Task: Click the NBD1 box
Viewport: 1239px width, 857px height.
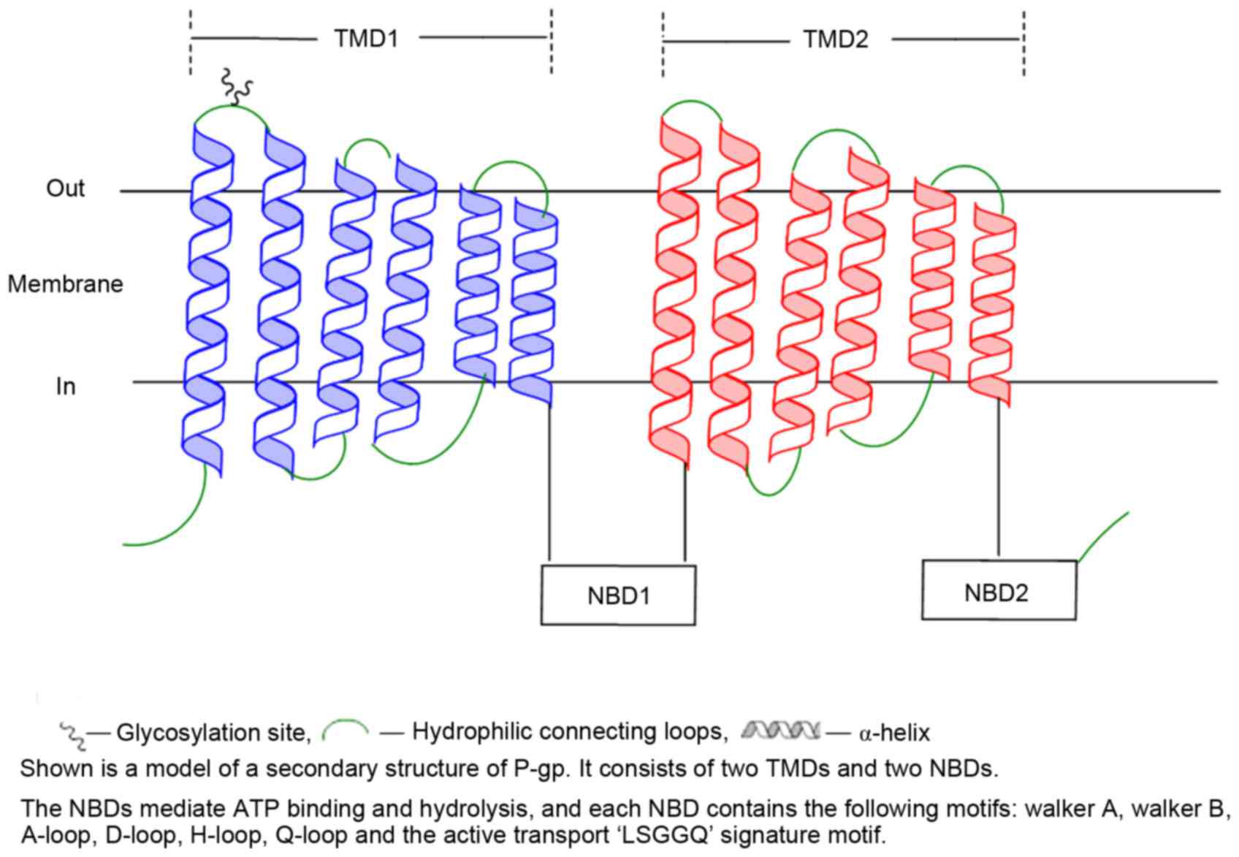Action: (618, 595)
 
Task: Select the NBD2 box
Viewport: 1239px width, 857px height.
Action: (998, 590)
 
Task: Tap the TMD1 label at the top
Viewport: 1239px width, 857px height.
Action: (366, 38)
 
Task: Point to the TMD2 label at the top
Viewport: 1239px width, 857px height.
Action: (836, 39)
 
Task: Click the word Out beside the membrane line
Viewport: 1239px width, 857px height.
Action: (65, 188)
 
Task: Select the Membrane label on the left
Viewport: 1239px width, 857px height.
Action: (65, 283)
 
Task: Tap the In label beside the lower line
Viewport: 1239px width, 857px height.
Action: (66, 386)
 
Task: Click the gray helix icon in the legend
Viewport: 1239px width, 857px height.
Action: (780, 729)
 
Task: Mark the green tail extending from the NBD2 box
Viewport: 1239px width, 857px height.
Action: (1103, 536)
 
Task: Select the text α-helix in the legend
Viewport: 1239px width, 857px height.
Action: (895, 732)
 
